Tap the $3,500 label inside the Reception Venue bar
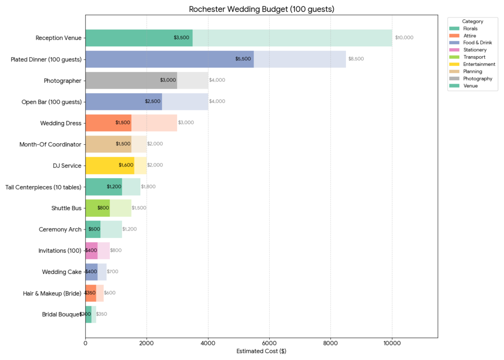pyautogui.click(x=181, y=38)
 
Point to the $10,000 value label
pyautogui.click(x=404, y=38)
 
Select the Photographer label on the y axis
pyautogui.click(x=63, y=81)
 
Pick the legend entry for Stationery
pyautogui.click(x=474, y=50)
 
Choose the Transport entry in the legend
pyautogui.click(x=474, y=57)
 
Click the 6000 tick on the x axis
pyautogui.click(x=269, y=343)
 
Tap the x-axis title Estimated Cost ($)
pyautogui.click(x=261, y=351)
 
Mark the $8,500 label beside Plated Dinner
pyautogui.click(x=356, y=59)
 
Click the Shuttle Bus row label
pyautogui.click(x=66, y=208)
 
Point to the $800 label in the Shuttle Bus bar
pyautogui.click(x=103, y=208)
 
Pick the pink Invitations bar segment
pyautogui.click(x=92, y=251)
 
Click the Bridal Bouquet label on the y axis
pyautogui.click(x=62, y=314)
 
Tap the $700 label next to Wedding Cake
pyautogui.click(x=112, y=272)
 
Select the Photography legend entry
pyautogui.click(x=477, y=78)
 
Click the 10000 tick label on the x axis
pyautogui.click(x=392, y=343)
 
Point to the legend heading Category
pyautogui.click(x=472, y=22)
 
